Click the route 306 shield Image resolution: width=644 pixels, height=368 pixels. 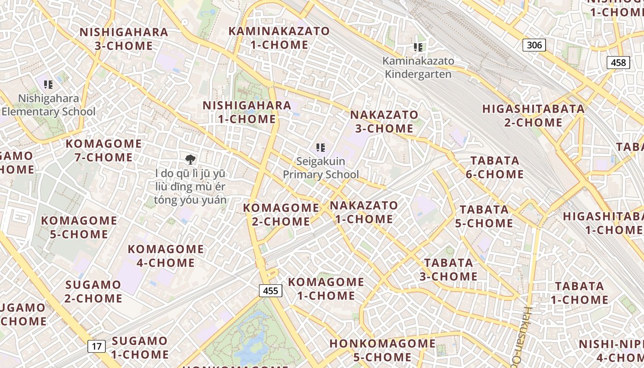(x=534, y=45)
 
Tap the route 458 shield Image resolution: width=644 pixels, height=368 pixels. (x=618, y=62)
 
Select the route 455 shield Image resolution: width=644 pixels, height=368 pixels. (x=270, y=291)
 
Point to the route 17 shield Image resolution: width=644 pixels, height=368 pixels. (x=97, y=346)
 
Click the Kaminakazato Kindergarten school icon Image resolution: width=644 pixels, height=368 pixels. (x=418, y=47)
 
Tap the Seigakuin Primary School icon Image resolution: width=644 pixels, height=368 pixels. (x=321, y=148)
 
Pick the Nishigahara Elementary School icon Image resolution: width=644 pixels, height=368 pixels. (x=48, y=85)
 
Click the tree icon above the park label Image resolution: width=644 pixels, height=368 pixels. (x=190, y=160)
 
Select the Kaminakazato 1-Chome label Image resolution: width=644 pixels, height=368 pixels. (x=280, y=38)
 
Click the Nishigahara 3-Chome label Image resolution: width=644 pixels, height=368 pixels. (x=124, y=39)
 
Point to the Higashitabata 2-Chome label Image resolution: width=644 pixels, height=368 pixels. (x=534, y=116)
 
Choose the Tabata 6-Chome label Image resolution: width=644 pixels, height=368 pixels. (x=494, y=167)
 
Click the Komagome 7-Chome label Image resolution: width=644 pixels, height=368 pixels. (x=103, y=150)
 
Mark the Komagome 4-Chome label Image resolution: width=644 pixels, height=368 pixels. (x=166, y=256)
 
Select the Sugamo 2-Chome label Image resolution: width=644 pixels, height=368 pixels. (x=93, y=292)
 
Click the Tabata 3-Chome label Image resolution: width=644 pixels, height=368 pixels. (x=448, y=270)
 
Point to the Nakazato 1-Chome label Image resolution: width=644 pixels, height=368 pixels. (x=364, y=212)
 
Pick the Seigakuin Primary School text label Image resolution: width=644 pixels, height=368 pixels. (x=321, y=168)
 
